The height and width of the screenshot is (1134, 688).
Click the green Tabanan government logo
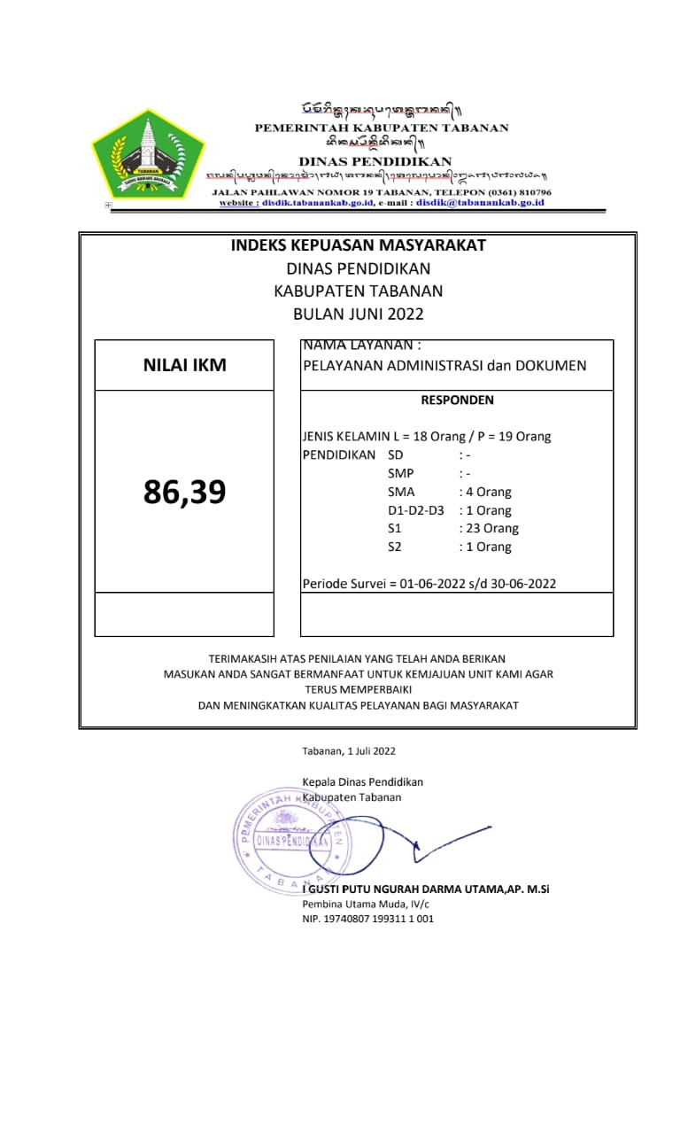(x=149, y=153)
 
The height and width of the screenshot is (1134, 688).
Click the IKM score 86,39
(x=184, y=492)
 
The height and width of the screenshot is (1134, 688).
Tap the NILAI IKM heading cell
(x=184, y=365)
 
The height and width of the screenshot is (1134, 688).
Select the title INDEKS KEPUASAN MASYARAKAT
(x=358, y=245)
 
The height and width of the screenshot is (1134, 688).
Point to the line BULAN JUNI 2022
(x=358, y=314)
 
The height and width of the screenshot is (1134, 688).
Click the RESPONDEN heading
(x=457, y=400)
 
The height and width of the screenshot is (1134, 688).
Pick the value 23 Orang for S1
(x=489, y=529)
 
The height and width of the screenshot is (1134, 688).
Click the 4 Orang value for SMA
(x=485, y=492)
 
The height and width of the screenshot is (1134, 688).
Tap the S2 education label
(x=395, y=548)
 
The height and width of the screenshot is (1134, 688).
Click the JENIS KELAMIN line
(x=427, y=437)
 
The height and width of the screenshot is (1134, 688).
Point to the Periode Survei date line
(x=429, y=584)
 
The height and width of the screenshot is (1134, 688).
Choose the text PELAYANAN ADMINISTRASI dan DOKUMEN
(x=444, y=365)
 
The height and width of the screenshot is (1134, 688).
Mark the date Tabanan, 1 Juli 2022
(x=349, y=751)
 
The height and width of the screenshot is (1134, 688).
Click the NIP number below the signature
(x=368, y=919)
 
